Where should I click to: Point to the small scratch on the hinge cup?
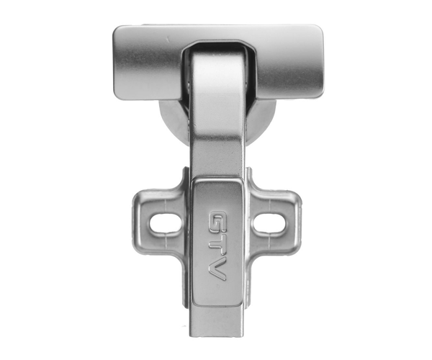pyautogui.click(x=167, y=39)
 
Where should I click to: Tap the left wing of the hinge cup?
pyautogui.click(x=148, y=63)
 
